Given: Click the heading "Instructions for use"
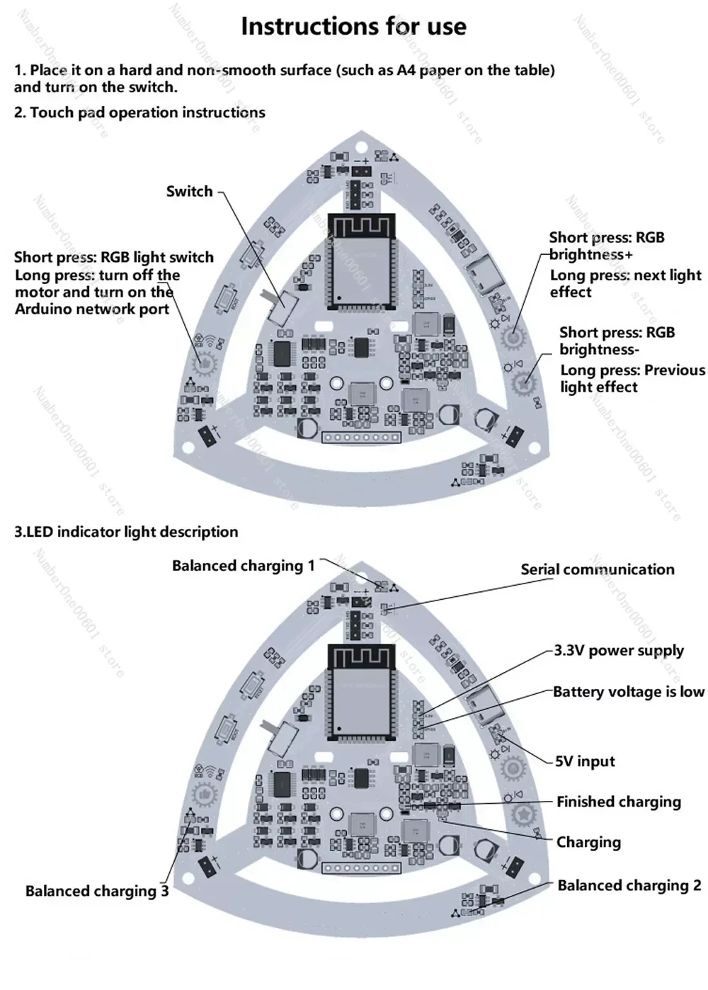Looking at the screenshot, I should pyautogui.click(x=353, y=26).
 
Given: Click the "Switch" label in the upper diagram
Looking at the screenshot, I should pyautogui.click(x=189, y=191).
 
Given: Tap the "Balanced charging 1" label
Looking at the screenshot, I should pyautogui.click(x=243, y=566).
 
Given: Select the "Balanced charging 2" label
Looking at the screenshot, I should pyautogui.click(x=629, y=885).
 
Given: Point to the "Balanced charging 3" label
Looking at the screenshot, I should pyautogui.click(x=97, y=891).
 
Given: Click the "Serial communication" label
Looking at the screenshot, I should pyautogui.click(x=597, y=569).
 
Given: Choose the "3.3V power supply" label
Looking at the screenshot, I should pyautogui.click(x=618, y=650).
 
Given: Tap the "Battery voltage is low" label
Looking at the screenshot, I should pyautogui.click(x=628, y=692).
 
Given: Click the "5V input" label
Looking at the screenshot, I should pyautogui.click(x=585, y=761).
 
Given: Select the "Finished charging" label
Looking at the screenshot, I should pyautogui.click(x=618, y=802).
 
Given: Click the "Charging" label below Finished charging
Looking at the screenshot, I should pyautogui.click(x=588, y=842).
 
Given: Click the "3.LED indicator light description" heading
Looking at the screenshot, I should pyautogui.click(x=126, y=532).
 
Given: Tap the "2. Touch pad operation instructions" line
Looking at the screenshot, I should pyautogui.click(x=139, y=113).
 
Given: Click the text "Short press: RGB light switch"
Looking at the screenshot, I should pyautogui.click(x=113, y=257).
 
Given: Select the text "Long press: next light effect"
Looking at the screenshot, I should pyautogui.click(x=625, y=283).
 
